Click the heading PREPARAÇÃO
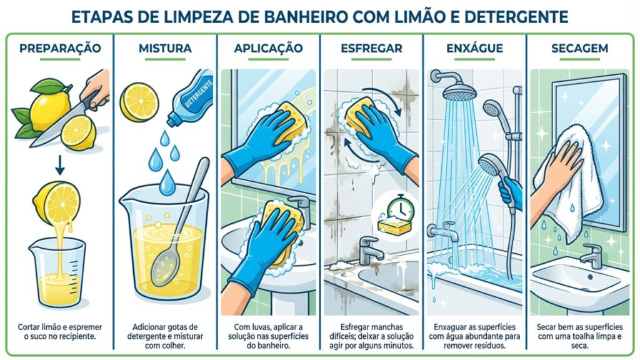click(x=60, y=48)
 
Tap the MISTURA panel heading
click(x=165, y=48)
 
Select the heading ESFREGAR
click(x=371, y=48)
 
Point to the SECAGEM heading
click(x=579, y=48)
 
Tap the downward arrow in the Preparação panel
click(x=59, y=164)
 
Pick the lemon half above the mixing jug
click(x=139, y=102)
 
